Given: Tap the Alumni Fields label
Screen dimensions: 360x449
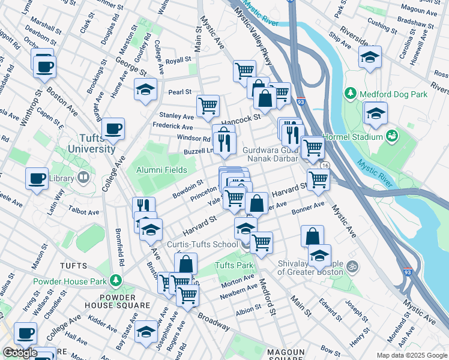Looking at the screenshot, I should point(160,170).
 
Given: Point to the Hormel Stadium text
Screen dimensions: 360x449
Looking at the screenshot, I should point(353,137).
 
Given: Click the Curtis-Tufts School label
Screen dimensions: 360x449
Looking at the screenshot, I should point(202,244).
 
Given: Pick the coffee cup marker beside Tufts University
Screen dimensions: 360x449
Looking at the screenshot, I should point(113,128).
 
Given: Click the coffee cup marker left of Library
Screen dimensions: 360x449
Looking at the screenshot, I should point(37,178).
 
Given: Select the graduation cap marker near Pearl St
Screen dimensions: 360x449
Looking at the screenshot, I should point(145,90).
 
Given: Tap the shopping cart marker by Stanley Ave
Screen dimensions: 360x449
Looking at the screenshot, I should point(208,106).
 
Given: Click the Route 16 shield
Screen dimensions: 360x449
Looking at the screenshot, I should point(325,165).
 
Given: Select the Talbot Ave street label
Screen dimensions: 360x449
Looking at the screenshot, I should point(84,212).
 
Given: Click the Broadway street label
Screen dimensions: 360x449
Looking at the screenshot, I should point(213,323).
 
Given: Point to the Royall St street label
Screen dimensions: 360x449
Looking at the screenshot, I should point(178,61).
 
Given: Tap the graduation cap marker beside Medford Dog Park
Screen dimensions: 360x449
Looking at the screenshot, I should point(375,113).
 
